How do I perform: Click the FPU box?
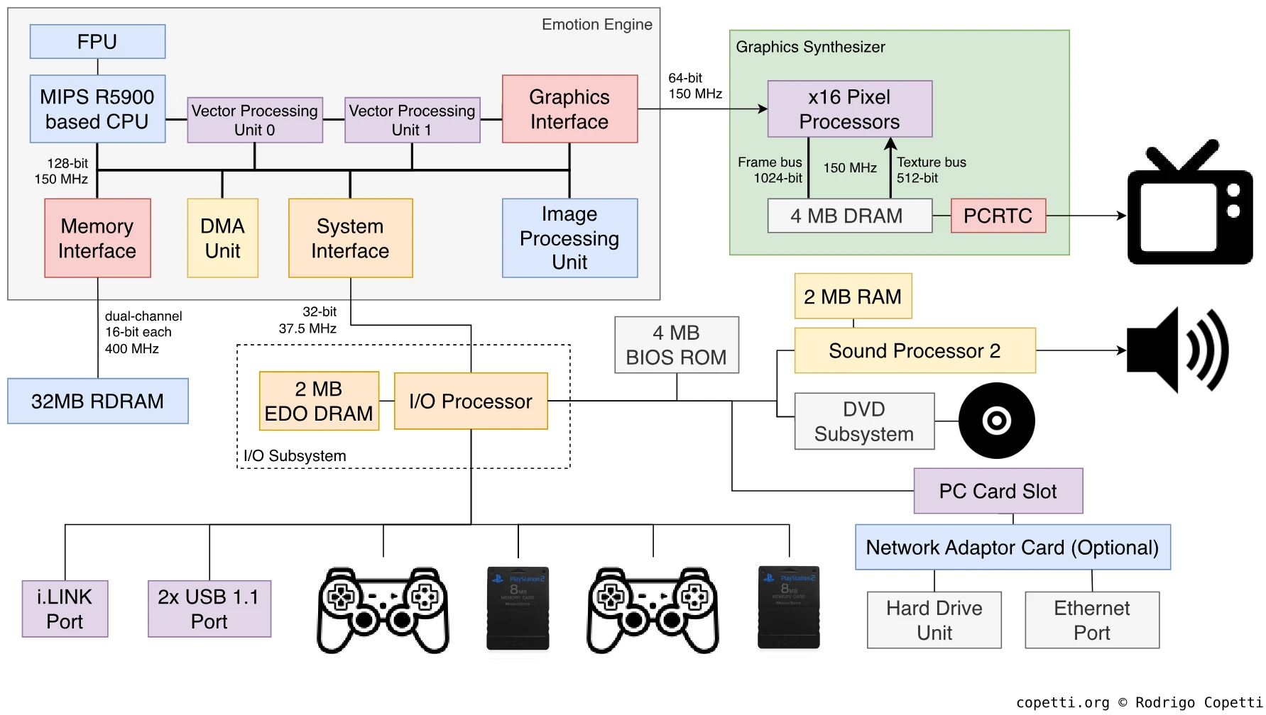coord(97,42)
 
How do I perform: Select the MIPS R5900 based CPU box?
coord(97,109)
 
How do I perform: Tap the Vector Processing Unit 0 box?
coord(254,120)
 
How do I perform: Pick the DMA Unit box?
coord(222,238)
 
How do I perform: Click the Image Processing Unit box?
coord(569,238)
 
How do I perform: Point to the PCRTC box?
coord(998,216)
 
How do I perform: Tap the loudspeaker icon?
coord(1177,350)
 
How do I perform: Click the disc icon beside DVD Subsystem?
coord(996,421)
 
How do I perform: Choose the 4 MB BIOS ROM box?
coord(676,345)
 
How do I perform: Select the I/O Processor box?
coord(471,401)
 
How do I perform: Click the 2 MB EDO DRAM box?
coord(319,401)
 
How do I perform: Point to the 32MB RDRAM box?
coord(98,401)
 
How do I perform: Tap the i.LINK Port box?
coord(65,609)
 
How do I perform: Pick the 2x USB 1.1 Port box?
coord(209,609)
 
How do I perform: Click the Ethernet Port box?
coord(1091,620)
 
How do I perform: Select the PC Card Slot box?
coord(998,491)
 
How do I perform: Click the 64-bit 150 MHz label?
coord(694,86)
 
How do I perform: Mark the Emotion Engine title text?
coord(596,25)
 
